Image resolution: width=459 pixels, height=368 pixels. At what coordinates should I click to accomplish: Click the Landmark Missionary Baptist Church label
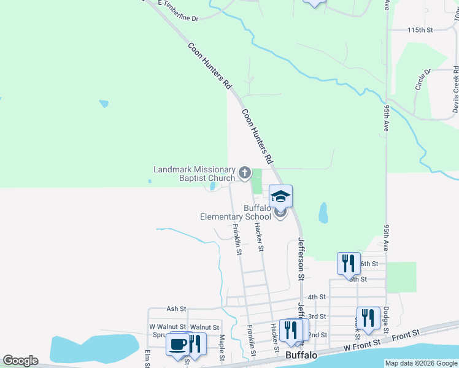[194, 174]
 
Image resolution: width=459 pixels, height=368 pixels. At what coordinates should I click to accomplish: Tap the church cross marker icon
[244, 173]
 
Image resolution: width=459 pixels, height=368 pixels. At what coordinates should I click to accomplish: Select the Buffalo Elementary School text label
[236, 212]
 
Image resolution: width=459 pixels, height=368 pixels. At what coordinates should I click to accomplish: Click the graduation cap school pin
[280, 196]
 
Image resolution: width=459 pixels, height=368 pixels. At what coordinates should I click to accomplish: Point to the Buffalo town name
[301, 355]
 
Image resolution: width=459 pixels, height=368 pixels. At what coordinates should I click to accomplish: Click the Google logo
[20, 361]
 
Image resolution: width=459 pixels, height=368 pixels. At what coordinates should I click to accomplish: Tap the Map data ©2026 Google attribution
[421, 363]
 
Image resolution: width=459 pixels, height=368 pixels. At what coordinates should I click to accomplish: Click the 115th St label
[420, 29]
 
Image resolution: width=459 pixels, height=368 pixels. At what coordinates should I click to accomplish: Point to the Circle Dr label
[423, 79]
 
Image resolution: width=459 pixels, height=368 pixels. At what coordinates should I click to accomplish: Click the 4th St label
[317, 297]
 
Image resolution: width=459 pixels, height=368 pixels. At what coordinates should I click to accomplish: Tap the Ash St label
[175, 309]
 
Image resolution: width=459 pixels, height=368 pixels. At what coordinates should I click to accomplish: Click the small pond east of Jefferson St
[323, 213]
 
